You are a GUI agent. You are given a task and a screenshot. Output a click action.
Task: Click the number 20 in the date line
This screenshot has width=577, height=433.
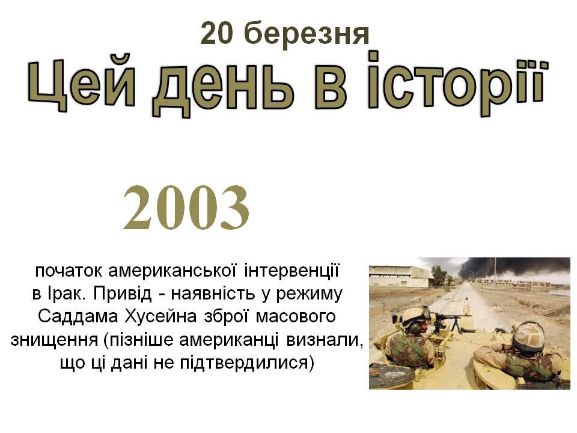point(217,33)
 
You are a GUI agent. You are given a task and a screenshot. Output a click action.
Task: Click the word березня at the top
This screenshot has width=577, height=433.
point(306,34)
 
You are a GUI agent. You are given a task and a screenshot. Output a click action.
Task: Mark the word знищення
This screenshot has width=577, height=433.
point(55,340)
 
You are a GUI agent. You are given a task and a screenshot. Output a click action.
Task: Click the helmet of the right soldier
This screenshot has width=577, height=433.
point(528,337)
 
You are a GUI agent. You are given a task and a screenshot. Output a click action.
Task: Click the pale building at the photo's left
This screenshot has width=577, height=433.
point(399,277)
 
